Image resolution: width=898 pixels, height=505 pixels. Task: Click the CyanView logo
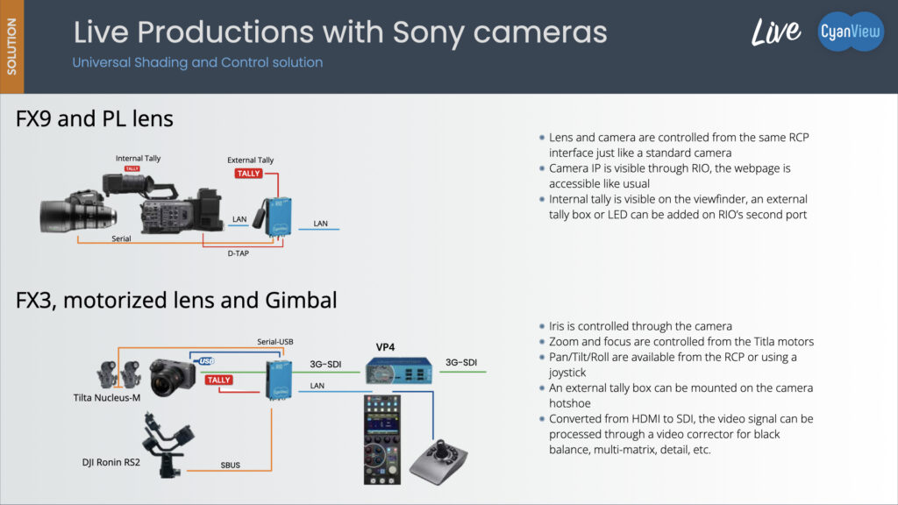click(851, 32)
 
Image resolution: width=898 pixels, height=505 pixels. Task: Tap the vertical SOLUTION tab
click(11, 46)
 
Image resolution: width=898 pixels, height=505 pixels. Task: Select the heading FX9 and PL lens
click(95, 118)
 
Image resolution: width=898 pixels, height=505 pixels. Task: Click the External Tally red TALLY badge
click(248, 174)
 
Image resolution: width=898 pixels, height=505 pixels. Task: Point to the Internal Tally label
click(138, 158)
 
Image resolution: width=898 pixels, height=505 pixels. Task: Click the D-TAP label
click(239, 253)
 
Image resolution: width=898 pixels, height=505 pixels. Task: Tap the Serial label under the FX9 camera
click(121, 238)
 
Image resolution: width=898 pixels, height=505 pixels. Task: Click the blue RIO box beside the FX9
click(279, 217)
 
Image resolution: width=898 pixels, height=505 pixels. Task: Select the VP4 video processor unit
click(399, 370)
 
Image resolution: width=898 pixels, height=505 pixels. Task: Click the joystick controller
click(438, 461)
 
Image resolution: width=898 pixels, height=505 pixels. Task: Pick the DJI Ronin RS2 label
click(111, 462)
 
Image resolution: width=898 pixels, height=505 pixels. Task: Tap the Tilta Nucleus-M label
click(106, 397)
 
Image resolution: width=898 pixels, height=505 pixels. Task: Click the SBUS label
click(231, 465)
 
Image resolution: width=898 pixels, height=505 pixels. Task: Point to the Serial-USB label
click(274, 342)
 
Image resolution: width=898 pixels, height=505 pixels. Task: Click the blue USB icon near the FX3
click(206, 360)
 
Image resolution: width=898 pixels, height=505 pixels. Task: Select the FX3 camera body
click(173, 377)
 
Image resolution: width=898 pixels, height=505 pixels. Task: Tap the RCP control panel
click(382, 440)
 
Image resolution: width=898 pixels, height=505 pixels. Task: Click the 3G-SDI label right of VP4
click(461, 362)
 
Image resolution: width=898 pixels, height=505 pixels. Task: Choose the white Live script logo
click(776, 32)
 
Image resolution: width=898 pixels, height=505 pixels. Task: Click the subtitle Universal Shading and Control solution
click(197, 62)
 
